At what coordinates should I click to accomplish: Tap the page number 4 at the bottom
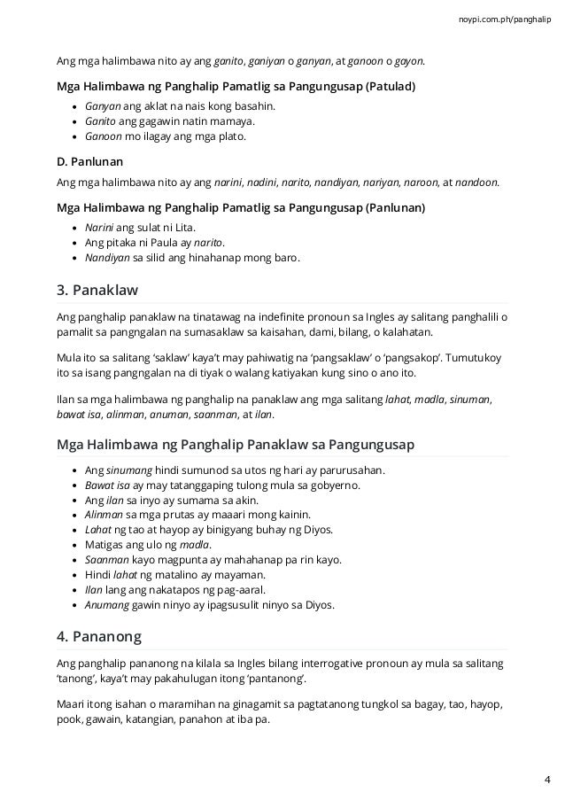(546, 779)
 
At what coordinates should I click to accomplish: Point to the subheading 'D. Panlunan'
(89, 162)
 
